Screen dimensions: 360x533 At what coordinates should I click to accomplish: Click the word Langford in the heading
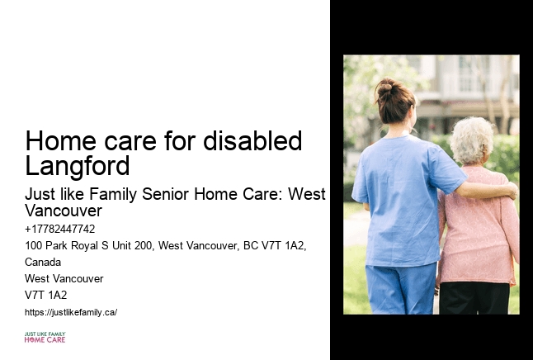(x=78, y=167)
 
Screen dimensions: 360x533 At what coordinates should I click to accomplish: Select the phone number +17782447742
(x=60, y=230)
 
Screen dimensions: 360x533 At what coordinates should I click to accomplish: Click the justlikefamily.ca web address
(x=71, y=312)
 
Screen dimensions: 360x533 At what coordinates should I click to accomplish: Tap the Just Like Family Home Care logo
(x=45, y=336)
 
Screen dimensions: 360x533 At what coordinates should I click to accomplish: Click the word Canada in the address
(x=43, y=262)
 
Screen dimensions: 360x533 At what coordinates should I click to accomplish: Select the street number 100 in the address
(x=34, y=246)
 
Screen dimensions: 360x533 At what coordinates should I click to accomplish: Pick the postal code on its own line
(x=46, y=295)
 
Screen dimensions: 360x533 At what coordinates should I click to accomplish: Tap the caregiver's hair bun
(x=385, y=86)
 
